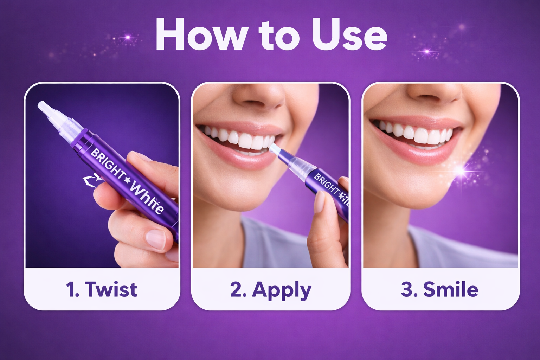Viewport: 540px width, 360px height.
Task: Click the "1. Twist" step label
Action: [102, 289]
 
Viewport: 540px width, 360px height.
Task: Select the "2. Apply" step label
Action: [271, 290]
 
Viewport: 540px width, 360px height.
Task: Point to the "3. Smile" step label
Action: [440, 289]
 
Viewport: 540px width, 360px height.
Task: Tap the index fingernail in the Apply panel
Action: [319, 202]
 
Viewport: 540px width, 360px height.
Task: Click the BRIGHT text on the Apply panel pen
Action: [326, 184]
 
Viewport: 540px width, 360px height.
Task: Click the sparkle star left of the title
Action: [128, 37]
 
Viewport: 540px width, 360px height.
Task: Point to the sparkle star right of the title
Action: [427, 52]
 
